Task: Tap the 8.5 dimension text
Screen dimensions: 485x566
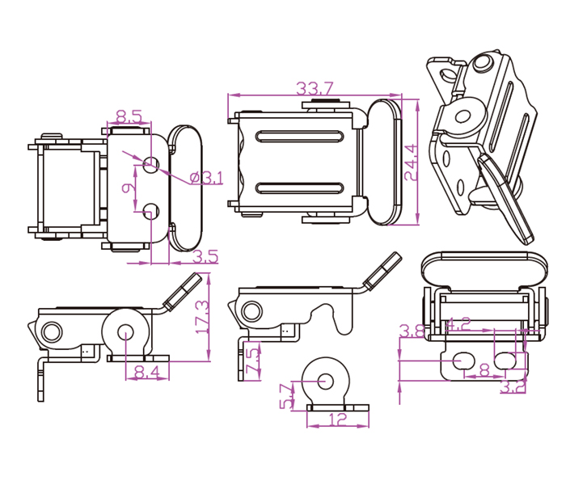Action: [129, 116]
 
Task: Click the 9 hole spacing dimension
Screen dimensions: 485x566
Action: [126, 188]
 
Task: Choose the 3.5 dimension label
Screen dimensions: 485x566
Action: [205, 257]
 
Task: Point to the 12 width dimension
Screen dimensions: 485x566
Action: [338, 420]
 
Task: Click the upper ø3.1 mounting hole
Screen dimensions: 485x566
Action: [151, 164]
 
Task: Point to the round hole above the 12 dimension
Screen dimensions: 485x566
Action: [327, 378]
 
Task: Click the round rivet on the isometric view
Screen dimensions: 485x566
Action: [466, 116]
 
